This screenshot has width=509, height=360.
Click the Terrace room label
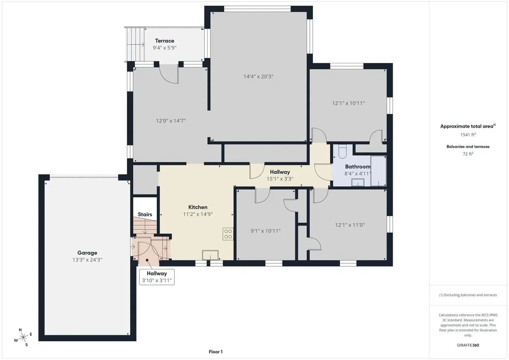click(165, 41)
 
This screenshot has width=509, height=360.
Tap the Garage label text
click(87, 253)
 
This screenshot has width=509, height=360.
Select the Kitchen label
click(198, 207)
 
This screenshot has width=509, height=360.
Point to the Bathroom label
click(357, 167)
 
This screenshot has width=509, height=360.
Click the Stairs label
click(145, 214)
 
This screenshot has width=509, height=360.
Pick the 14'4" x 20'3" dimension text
click(258, 76)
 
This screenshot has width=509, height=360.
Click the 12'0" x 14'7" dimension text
click(171, 121)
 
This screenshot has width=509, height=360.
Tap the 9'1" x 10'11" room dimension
click(265, 231)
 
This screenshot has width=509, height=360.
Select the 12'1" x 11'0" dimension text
click(350, 225)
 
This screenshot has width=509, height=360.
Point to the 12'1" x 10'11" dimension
click(348, 103)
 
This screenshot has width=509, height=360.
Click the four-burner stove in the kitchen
click(228, 234)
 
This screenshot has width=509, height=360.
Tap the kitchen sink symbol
click(210, 255)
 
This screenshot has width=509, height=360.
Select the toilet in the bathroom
click(342, 151)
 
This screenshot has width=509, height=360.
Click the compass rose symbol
click(23, 337)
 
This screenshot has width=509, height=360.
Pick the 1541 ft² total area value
click(468, 134)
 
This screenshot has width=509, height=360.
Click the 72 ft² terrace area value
click(468, 154)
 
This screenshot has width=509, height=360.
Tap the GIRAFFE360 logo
click(468, 345)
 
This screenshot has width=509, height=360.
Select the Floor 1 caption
click(216, 352)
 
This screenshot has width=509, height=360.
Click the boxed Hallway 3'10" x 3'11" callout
click(157, 277)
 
